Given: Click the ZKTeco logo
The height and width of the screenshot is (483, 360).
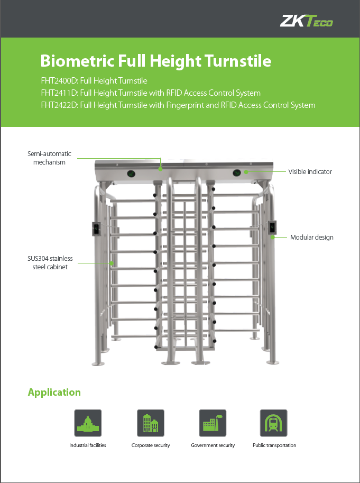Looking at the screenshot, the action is tap(307, 21).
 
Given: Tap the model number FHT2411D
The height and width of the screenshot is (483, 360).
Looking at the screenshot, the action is tap(59, 93).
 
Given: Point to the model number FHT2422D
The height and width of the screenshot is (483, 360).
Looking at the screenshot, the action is tap(59, 105).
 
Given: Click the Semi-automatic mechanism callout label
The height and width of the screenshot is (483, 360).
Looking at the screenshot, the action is tap(49, 158).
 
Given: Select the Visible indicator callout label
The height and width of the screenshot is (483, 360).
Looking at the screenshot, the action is tap(310, 172).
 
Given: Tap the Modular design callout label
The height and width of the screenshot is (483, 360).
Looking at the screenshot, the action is tap(312, 238).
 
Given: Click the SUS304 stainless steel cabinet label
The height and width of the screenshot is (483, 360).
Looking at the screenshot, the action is tap(50, 263).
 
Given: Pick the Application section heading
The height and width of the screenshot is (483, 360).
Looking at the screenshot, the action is tap(54, 392).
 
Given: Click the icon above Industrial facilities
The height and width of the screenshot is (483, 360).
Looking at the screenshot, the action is tap(88, 423).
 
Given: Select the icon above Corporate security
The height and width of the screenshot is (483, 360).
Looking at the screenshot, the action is tap(151, 423).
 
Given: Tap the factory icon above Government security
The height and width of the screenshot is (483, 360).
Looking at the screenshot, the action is tap(213, 423).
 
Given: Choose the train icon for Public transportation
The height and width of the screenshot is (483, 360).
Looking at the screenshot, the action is tap(273, 423).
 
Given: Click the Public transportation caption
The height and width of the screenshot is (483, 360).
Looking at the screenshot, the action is tap(274, 445).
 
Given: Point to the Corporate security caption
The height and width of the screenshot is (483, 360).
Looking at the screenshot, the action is tap(151, 445).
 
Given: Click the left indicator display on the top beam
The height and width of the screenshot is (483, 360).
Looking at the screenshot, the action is tap(131, 174).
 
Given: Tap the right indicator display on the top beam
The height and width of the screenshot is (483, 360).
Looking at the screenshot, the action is tap(237, 173).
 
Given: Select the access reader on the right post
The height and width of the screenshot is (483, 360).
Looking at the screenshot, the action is tap(272, 227).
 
